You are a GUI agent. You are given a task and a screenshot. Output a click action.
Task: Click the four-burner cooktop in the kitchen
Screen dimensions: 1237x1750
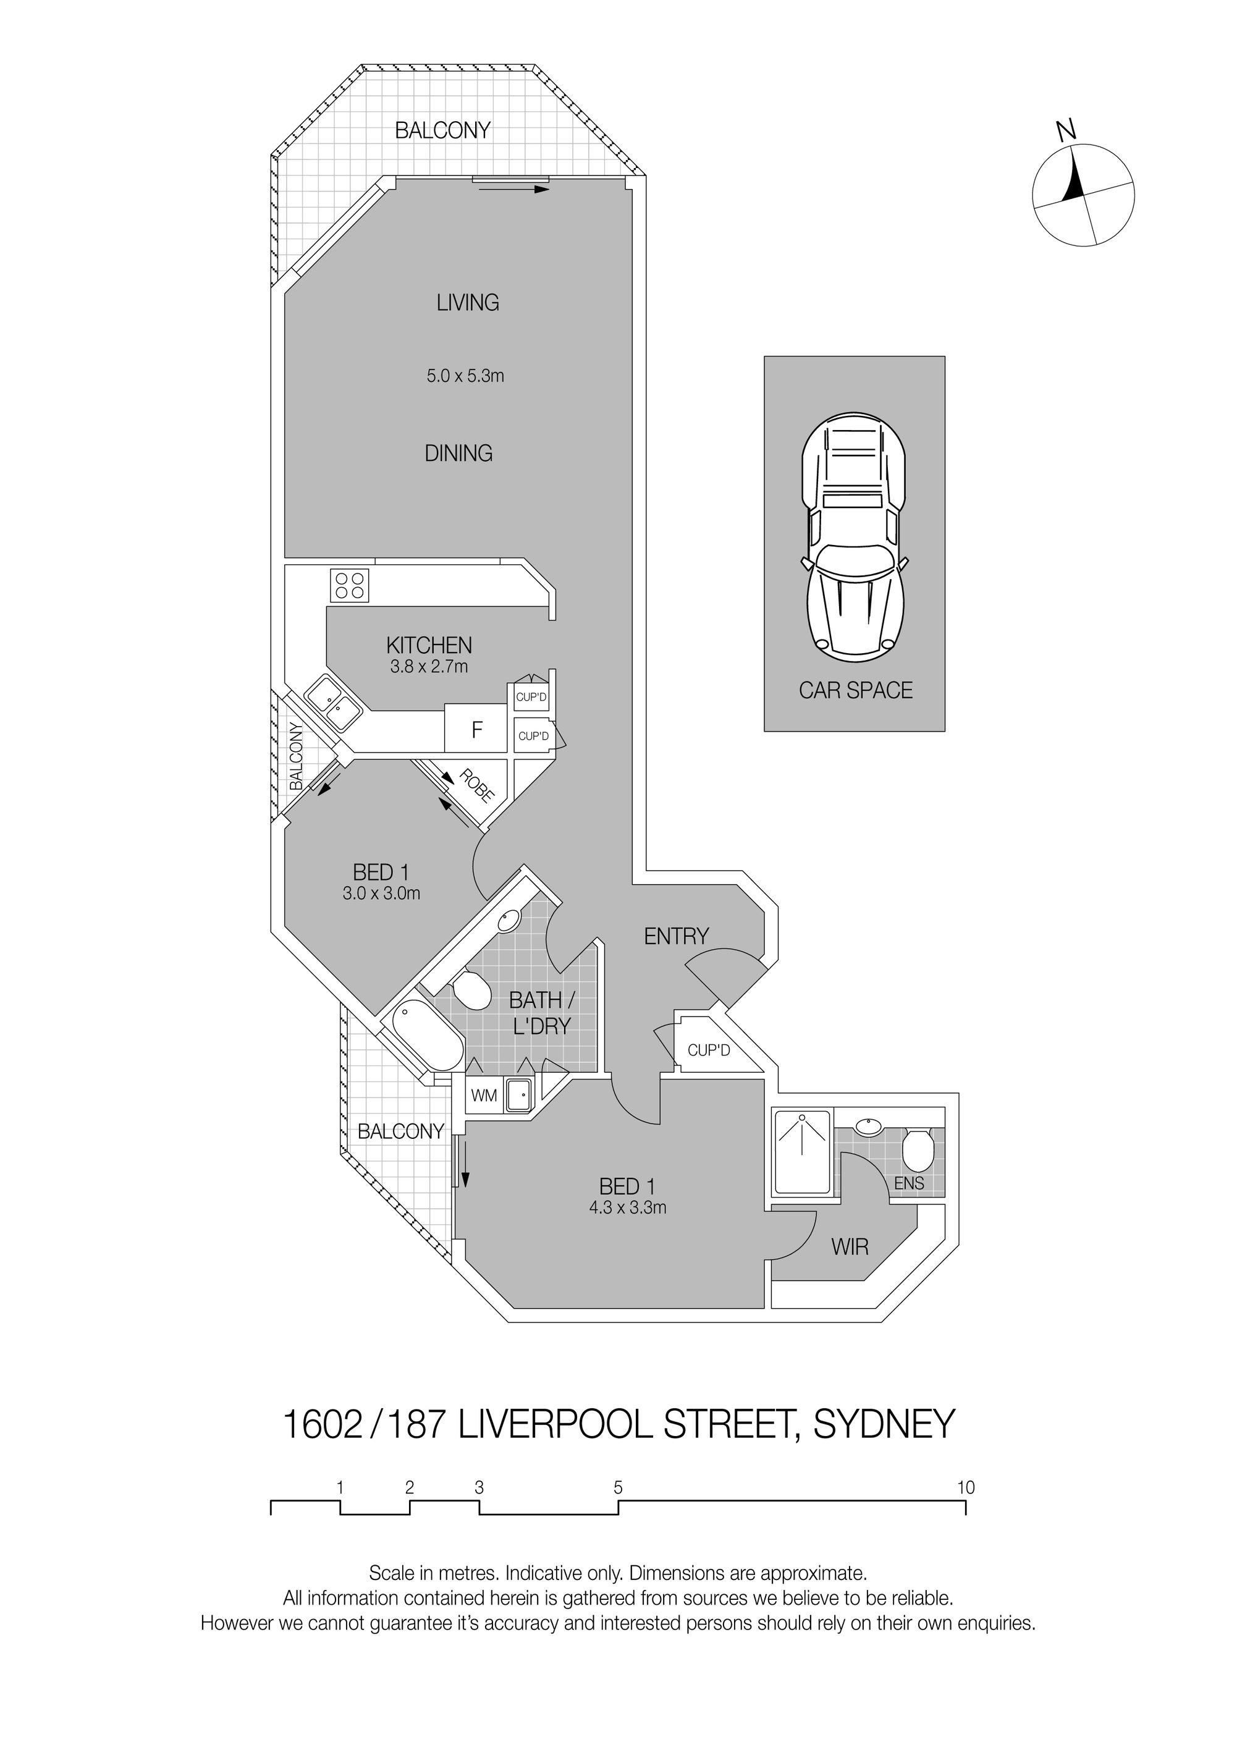pyautogui.click(x=350, y=585)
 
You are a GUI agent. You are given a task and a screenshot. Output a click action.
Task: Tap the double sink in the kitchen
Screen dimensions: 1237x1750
pyautogui.click(x=333, y=703)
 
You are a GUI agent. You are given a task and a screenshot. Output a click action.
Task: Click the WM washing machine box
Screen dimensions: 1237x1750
pyautogui.click(x=483, y=1096)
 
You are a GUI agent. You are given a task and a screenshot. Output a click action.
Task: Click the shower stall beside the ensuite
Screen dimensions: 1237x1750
pyautogui.click(x=803, y=1152)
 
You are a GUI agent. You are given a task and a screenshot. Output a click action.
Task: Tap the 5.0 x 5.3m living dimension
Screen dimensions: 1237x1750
pyautogui.click(x=465, y=376)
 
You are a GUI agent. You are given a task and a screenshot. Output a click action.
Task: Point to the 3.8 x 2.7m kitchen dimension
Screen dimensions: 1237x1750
pyautogui.click(x=429, y=667)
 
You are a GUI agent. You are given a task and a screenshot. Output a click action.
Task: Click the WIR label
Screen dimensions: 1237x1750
pyautogui.click(x=850, y=1247)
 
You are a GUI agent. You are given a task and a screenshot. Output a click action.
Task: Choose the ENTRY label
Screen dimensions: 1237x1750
pyautogui.click(x=676, y=936)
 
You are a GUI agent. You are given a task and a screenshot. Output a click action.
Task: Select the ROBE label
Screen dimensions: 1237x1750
pyautogui.click(x=477, y=787)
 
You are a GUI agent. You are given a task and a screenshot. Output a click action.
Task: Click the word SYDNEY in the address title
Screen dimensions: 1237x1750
pyautogui.click(x=884, y=1424)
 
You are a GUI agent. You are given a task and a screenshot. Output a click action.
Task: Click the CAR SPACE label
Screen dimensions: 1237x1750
pyautogui.click(x=855, y=691)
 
